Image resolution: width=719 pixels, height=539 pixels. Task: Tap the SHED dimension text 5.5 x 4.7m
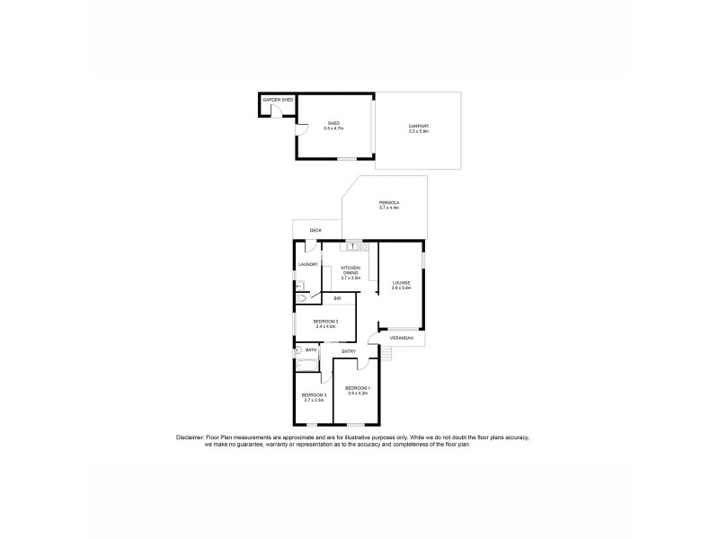pos(334,128)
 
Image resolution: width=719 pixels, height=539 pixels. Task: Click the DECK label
pos(315,231)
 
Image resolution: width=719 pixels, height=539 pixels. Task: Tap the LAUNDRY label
pos(308,264)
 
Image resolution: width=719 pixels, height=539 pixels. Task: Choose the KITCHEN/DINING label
pos(351,270)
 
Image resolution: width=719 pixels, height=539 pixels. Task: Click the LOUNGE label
pos(401,283)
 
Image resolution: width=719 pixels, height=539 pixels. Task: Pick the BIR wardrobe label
pos(337,298)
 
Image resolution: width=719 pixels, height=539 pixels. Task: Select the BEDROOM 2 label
pos(325,321)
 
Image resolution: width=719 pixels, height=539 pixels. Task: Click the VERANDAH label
pos(401,339)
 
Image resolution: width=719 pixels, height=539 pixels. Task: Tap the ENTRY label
pos(349,351)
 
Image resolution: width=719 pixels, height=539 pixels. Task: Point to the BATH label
pos(311,349)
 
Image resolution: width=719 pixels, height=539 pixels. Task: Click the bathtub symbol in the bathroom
pos(306,365)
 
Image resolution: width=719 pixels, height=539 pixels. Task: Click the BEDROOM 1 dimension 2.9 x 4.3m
pos(357,393)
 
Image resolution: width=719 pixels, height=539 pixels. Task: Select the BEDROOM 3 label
pos(313,395)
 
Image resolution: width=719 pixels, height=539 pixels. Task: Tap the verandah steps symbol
pos(386,355)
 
